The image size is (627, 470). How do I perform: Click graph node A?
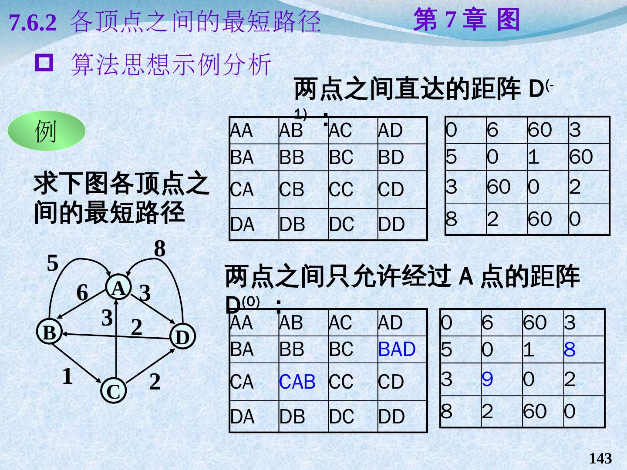point(118,288)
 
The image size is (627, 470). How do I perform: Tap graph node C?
point(113,391)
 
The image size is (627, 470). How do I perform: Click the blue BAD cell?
point(397,349)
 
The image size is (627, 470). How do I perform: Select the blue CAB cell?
point(297,382)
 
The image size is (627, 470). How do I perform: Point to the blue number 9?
point(487,379)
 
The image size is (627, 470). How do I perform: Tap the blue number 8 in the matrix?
point(570,349)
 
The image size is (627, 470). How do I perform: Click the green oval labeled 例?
point(47,131)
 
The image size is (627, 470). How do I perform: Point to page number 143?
point(600,458)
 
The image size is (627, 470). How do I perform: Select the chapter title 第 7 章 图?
point(466,20)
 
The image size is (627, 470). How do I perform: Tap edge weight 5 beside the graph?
point(53,263)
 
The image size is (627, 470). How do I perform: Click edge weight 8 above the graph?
point(160,249)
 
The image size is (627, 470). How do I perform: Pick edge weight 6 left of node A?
point(82,293)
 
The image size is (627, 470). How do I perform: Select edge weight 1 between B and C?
point(67,376)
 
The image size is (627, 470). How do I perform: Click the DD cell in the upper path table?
point(391,225)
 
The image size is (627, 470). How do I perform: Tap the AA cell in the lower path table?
point(241,323)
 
